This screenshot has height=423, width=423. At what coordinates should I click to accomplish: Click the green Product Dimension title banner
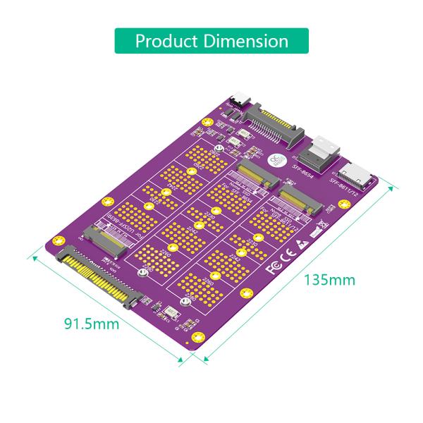click(x=211, y=40)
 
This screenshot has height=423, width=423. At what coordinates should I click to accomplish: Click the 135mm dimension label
click(x=329, y=279)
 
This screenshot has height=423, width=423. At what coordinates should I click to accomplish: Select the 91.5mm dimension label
click(x=92, y=324)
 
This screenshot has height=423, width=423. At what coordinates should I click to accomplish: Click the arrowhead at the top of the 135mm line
click(x=392, y=188)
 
